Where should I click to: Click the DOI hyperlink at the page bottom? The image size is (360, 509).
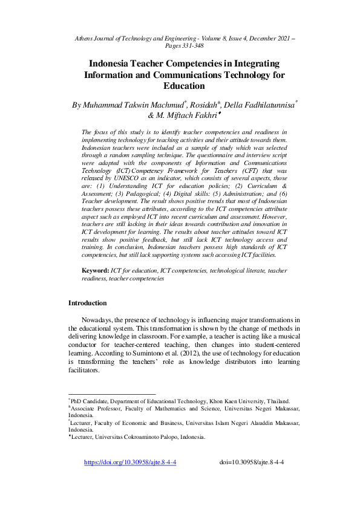point(130,462)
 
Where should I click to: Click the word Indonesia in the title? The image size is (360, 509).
point(114,63)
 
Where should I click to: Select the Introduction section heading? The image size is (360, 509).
point(88,303)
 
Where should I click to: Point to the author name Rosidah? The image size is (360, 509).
point(206,105)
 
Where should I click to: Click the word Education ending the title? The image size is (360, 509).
point(180,86)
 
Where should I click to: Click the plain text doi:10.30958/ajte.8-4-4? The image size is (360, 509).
point(252,462)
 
